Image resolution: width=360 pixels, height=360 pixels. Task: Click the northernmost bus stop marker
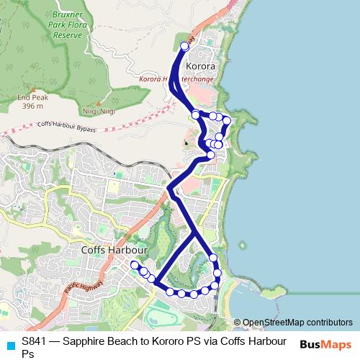click(x=184, y=46)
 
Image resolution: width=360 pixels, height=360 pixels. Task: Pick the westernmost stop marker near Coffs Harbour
click(x=134, y=265)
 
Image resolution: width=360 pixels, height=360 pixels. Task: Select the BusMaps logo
click(x=326, y=344)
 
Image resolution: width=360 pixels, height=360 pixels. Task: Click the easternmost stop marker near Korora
click(x=227, y=120)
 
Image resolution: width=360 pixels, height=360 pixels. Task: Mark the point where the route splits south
click(x=194, y=234)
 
